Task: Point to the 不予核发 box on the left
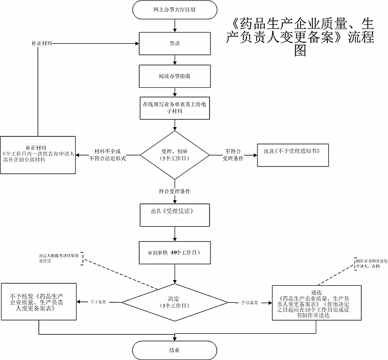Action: click(x=38, y=301)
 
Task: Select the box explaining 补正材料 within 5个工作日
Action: click(x=38, y=154)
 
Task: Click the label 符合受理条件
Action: click(x=174, y=191)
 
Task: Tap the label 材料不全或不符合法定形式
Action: click(x=108, y=155)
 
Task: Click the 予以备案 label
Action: click(x=249, y=302)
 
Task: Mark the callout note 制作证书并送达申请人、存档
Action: click(x=368, y=263)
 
